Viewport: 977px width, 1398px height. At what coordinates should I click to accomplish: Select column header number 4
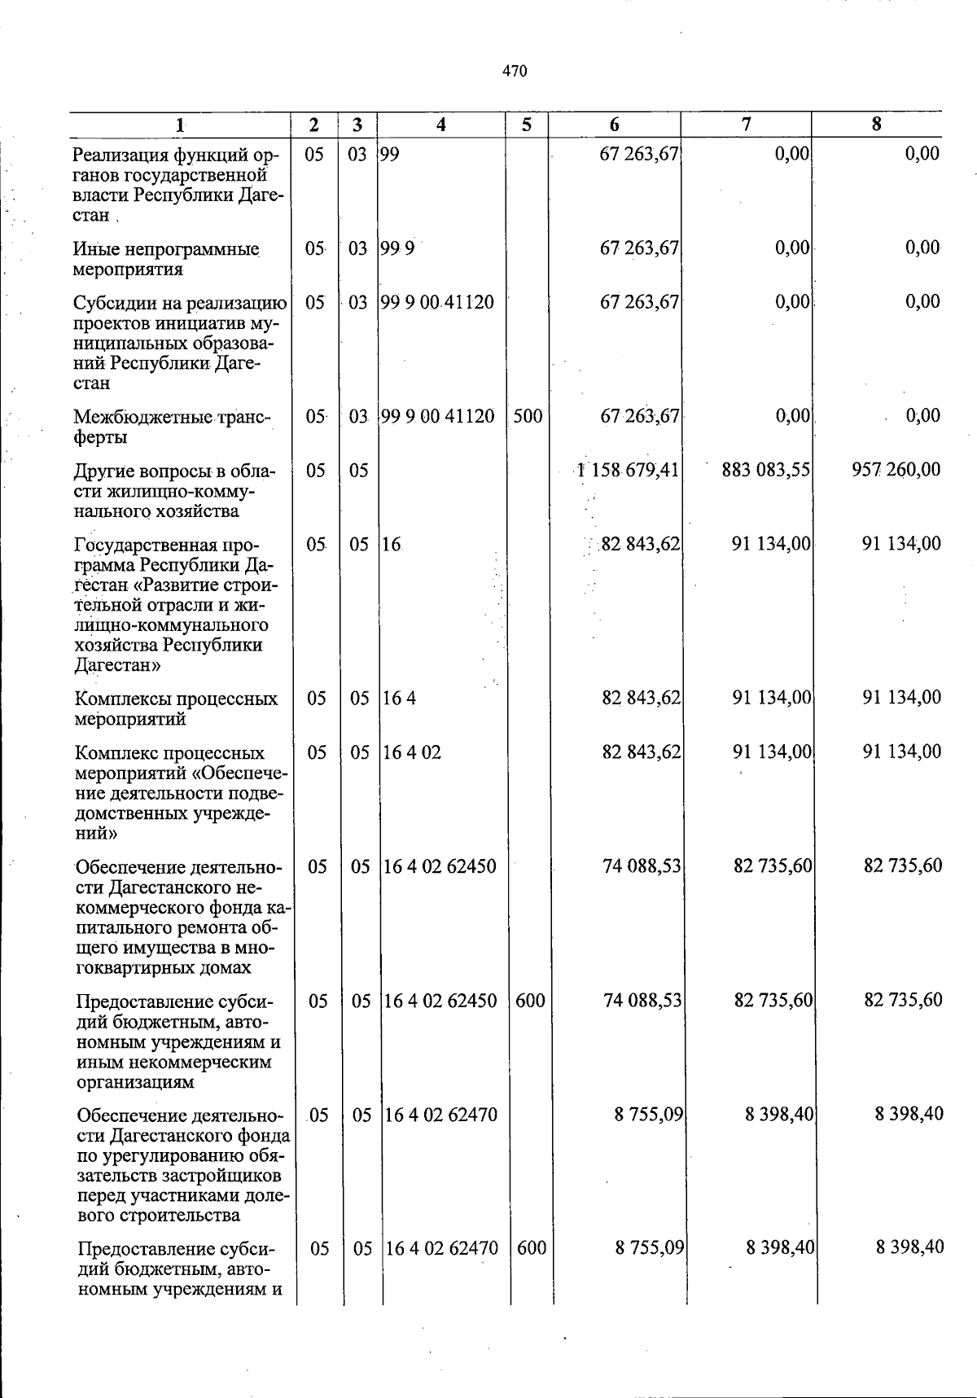point(440,125)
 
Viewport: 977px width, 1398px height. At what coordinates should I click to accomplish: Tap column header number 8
point(876,125)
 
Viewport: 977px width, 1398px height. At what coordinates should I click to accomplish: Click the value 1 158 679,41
point(628,470)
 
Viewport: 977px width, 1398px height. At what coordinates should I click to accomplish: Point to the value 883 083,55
point(765,470)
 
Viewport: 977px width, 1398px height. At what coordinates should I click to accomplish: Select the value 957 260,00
point(896,470)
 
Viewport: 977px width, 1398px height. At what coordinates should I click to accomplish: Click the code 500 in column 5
point(528,417)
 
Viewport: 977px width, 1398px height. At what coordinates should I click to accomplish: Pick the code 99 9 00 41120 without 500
point(437,302)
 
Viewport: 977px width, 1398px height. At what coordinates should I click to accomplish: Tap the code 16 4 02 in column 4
point(412,752)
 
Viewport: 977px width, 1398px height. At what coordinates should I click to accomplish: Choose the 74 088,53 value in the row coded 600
point(642,1001)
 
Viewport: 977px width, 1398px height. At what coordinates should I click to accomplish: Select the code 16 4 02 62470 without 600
point(440,1115)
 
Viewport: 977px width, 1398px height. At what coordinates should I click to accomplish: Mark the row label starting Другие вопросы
point(174,490)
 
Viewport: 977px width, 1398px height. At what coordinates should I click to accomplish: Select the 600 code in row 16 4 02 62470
point(531,1247)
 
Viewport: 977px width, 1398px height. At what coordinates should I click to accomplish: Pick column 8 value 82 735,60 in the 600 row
point(903,1001)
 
